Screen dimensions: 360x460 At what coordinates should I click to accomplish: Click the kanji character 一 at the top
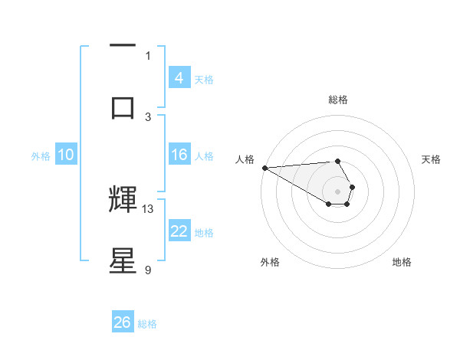point(123,47)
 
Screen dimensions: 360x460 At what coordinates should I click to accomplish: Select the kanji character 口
point(123,107)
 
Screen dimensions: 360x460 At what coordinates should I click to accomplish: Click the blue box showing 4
point(179,77)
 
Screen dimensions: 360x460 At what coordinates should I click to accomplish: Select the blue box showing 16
point(179,155)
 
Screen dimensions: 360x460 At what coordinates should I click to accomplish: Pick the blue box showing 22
point(179,231)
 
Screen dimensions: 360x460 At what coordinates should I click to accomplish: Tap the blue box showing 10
point(66,155)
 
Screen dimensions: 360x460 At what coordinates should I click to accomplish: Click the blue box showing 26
point(123,322)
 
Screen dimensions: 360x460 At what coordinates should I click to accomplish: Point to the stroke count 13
point(148,208)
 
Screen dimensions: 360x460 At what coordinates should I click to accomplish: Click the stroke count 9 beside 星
point(148,270)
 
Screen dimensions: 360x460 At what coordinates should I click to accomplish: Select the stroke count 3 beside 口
point(148,116)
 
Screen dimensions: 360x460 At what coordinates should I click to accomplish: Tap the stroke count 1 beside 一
point(148,55)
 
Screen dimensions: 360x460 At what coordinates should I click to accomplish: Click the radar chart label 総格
point(338,100)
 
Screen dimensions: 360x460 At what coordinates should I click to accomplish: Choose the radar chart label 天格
point(432,159)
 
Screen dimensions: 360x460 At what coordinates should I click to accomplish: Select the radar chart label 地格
point(402,262)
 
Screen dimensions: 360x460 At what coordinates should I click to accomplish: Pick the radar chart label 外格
point(270,262)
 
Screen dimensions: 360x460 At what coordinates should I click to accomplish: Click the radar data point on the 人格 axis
point(264,168)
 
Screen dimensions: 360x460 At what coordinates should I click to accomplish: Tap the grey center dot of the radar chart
point(338,191)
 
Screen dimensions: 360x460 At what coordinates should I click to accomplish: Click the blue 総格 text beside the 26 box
point(147,324)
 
